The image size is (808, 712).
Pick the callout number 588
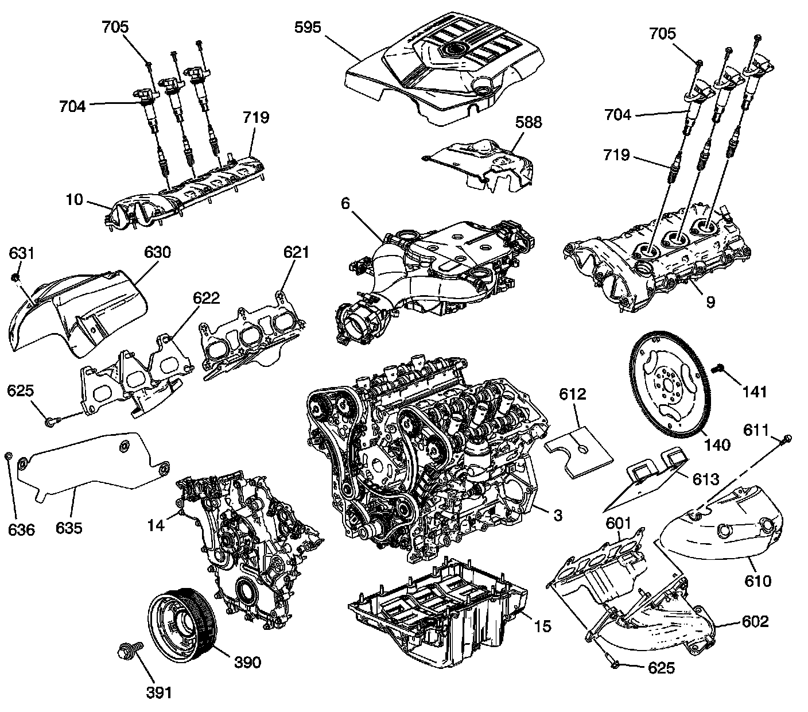(x=528, y=123)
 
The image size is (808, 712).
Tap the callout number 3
(x=558, y=514)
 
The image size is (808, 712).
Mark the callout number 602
(x=754, y=621)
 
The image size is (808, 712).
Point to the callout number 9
(x=710, y=302)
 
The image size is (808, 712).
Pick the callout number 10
(x=73, y=200)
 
